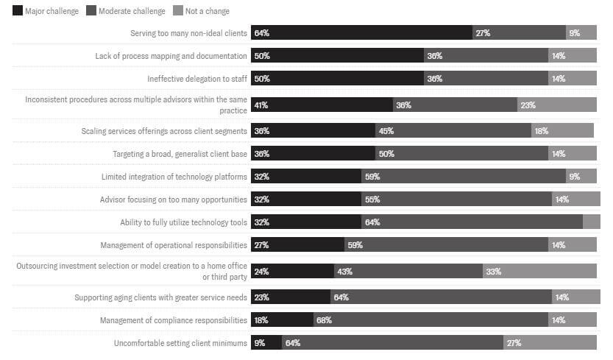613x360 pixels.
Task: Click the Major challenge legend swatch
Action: tap(17, 11)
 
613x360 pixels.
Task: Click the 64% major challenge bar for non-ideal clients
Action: tap(361, 33)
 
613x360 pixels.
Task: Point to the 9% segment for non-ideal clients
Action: tap(581, 33)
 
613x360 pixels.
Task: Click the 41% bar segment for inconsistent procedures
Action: tap(322, 105)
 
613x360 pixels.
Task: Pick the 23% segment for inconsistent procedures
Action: tap(556, 105)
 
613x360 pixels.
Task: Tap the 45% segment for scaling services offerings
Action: tap(453, 130)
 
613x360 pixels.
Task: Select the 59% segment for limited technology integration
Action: tap(464, 176)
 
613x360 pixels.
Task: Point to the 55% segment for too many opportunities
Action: tap(456, 199)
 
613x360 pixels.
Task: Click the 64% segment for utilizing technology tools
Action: tap(472, 222)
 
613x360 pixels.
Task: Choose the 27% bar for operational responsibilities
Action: tap(297, 244)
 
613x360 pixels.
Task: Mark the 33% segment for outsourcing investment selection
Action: tap(539, 271)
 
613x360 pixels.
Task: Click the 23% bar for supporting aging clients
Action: tap(291, 297)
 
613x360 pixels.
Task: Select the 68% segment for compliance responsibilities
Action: tap(430, 320)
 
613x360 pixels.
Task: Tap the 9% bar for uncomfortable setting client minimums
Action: tap(266, 343)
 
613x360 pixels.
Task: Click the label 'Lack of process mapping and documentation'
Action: tap(171, 56)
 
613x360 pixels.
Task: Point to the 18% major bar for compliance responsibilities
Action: tap(283, 320)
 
